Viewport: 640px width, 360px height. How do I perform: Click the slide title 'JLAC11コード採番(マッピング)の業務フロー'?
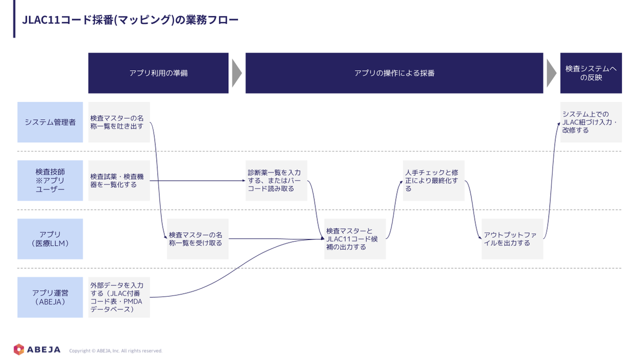click(x=130, y=20)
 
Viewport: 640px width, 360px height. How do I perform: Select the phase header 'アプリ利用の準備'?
click(x=158, y=73)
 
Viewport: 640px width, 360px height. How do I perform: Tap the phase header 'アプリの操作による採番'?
click(x=394, y=73)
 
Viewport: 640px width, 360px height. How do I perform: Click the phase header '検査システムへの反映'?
click(x=591, y=73)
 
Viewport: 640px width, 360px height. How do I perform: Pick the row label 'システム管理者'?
click(x=50, y=122)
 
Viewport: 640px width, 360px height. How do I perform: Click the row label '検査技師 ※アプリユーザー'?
click(x=50, y=181)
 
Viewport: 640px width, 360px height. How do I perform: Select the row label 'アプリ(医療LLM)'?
click(x=50, y=239)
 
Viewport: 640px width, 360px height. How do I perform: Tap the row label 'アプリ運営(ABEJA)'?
click(x=50, y=297)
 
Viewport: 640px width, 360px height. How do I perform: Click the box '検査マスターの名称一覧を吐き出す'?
click(x=119, y=122)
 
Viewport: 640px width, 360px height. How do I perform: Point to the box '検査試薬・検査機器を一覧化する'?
click(x=119, y=181)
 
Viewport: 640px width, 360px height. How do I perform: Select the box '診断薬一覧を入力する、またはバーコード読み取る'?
click(x=276, y=181)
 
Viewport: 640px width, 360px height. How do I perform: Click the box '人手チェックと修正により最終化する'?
click(x=434, y=181)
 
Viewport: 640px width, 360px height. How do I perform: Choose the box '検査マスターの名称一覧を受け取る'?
click(x=198, y=239)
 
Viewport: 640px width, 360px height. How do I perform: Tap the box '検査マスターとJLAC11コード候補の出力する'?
click(x=355, y=239)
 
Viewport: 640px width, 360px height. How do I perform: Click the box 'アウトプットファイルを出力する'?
click(x=513, y=239)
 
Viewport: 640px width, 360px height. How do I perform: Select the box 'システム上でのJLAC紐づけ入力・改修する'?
click(x=591, y=122)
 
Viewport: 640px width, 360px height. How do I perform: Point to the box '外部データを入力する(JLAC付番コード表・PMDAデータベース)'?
click(x=119, y=297)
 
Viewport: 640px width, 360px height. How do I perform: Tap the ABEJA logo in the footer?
click(x=37, y=349)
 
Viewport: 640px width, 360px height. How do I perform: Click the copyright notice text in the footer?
click(x=116, y=351)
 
